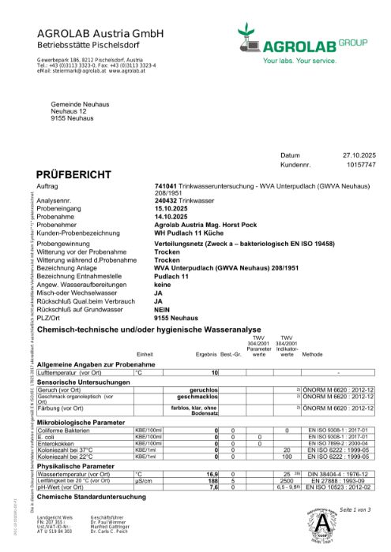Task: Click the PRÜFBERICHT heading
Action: pos(70,173)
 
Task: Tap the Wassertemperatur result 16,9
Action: pos(212,474)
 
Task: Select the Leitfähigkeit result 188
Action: pos(212,480)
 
